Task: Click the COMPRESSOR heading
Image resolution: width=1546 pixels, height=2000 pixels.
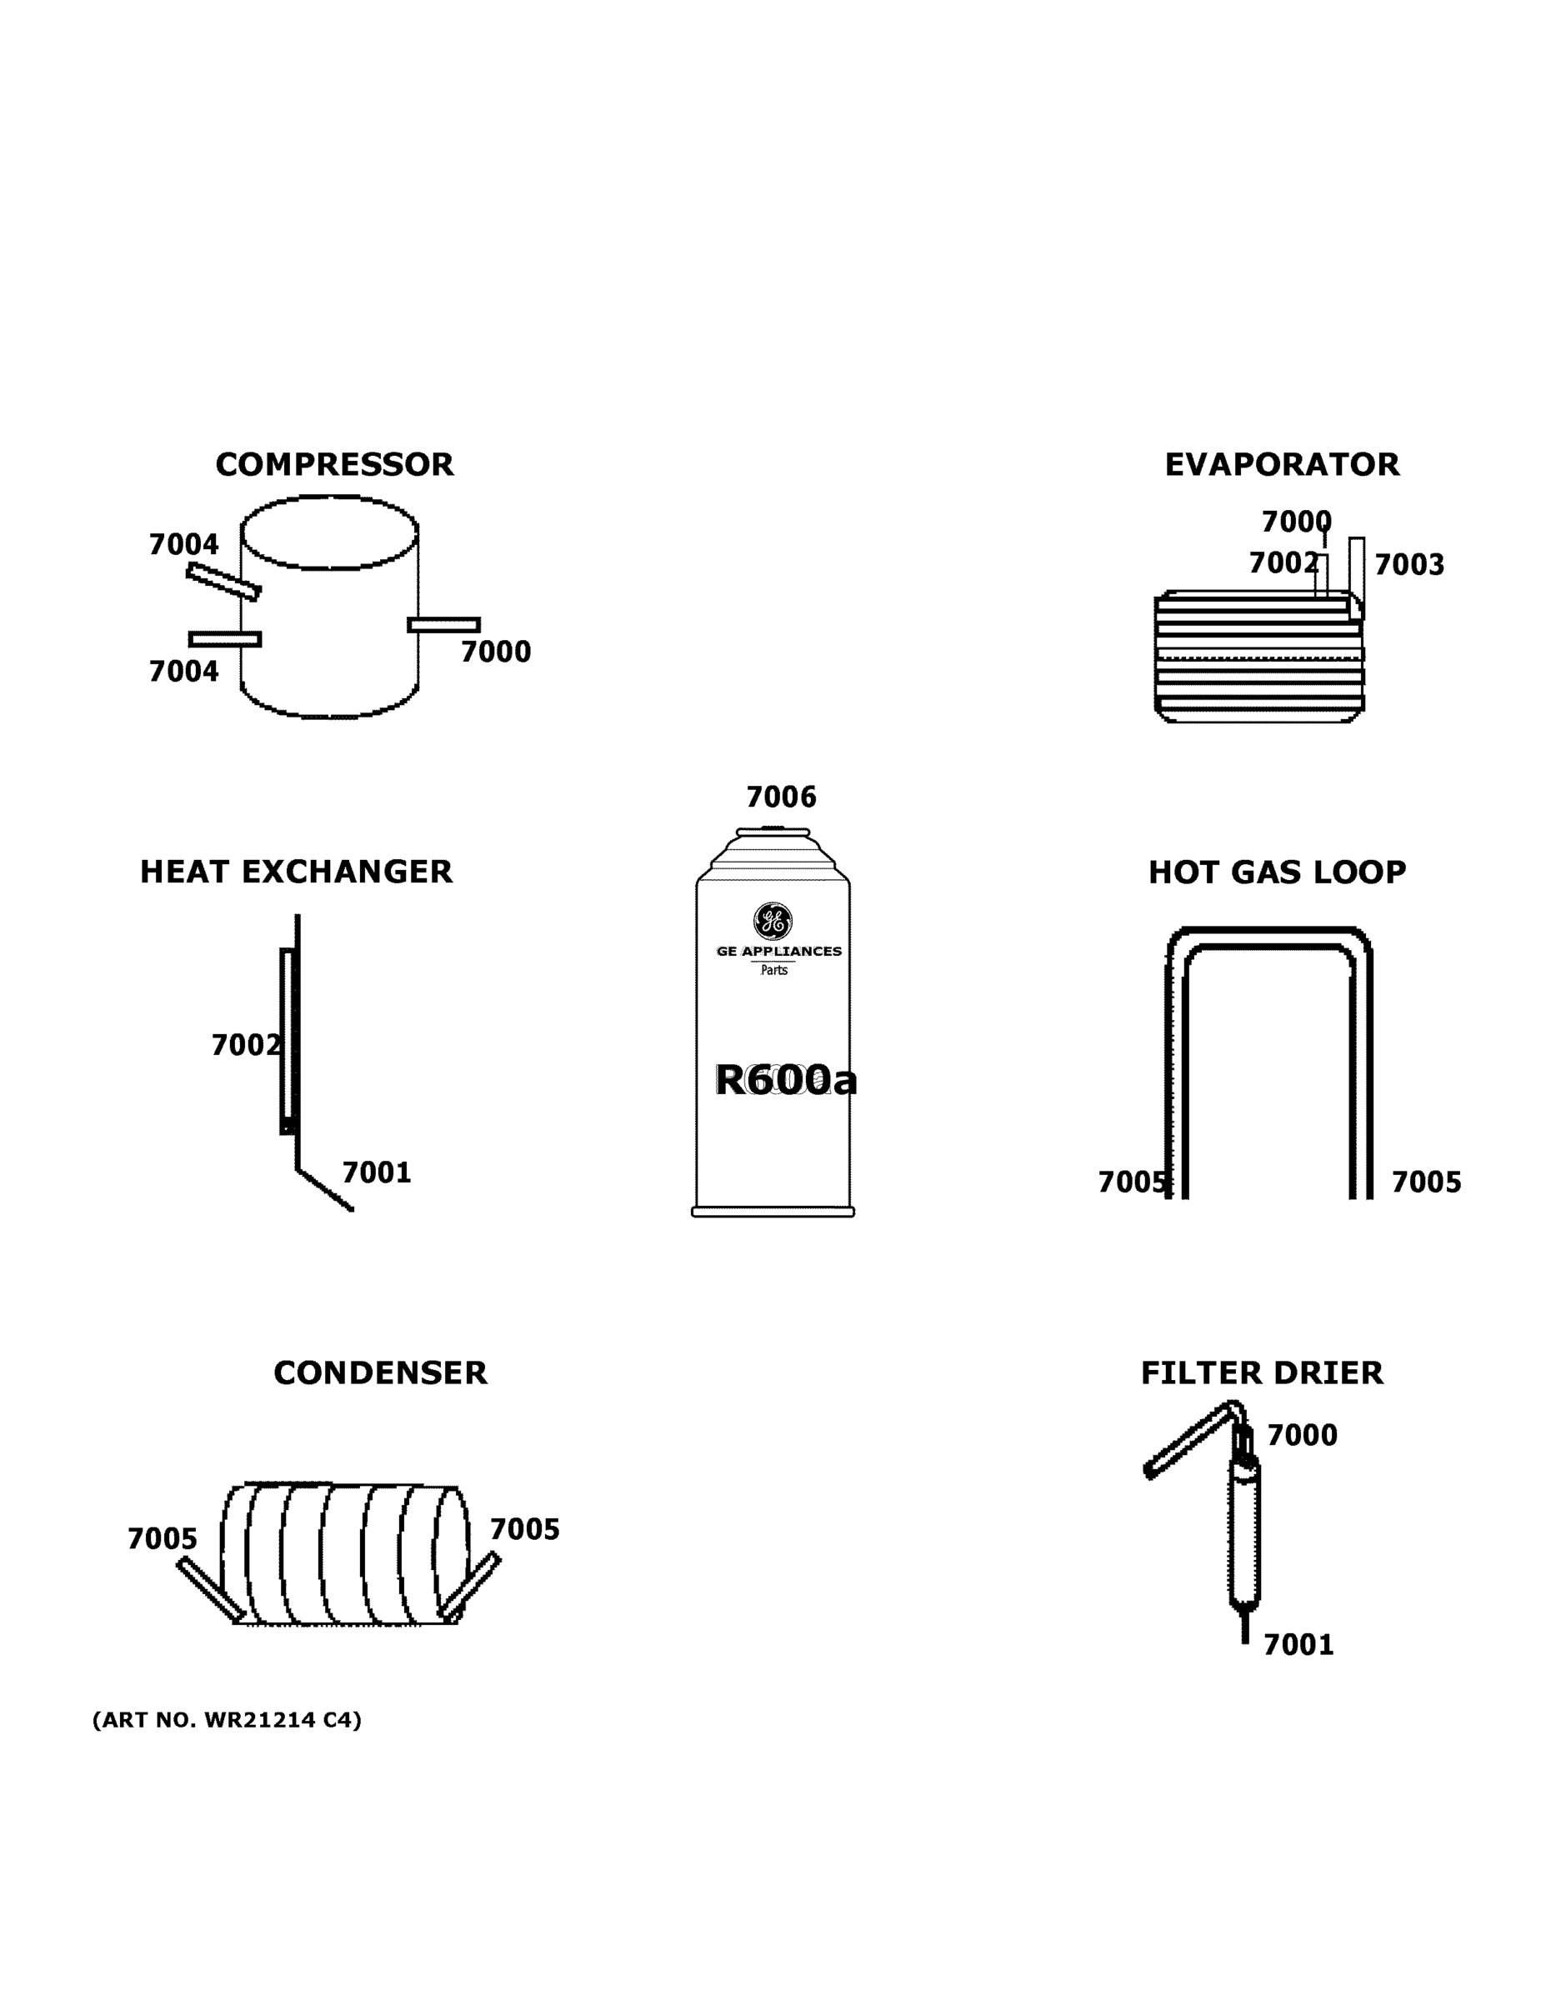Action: point(334,465)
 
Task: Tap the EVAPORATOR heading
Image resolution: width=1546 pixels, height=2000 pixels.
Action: point(1281,465)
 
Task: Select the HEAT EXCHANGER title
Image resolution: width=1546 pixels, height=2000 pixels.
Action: point(296,872)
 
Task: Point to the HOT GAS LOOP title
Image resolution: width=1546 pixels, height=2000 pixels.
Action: point(1277,872)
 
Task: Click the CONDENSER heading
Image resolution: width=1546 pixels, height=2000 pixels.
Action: point(380,1373)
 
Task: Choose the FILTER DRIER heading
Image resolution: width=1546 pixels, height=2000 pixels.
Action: point(1261,1373)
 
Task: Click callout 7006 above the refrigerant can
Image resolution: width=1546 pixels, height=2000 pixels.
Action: point(780,797)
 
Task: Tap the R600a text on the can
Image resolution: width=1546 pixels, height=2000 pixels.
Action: point(785,1081)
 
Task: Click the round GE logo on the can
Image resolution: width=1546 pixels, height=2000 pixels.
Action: point(772,921)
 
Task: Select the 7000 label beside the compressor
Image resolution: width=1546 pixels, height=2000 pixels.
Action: point(496,652)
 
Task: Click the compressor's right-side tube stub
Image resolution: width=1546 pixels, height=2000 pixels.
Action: point(444,624)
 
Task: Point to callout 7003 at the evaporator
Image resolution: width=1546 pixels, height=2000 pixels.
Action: point(1408,565)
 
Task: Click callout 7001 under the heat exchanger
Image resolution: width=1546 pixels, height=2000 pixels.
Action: point(377,1173)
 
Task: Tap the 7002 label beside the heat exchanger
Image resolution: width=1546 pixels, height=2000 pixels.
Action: point(244,1045)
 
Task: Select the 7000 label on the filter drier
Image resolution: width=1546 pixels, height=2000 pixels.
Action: point(1302,1436)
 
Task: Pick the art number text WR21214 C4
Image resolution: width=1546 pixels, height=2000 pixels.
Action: point(228,1720)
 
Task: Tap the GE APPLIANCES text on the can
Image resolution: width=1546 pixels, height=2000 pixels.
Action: point(778,952)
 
